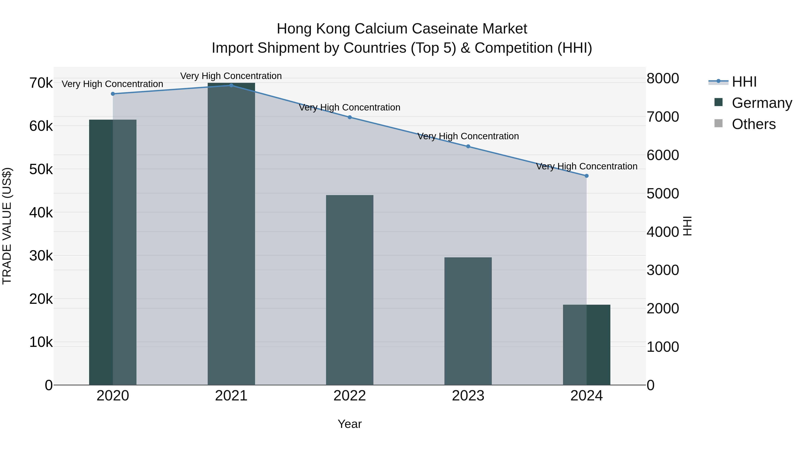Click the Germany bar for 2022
tap(350, 290)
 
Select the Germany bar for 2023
tap(468, 321)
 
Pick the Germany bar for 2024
tap(586, 345)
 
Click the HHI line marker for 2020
tap(113, 94)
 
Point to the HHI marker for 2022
tap(350, 117)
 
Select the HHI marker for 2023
tap(468, 146)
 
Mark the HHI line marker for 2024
tap(586, 176)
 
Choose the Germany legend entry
tap(762, 103)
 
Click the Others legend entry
tap(754, 124)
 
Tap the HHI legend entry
tap(744, 82)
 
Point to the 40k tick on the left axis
tap(41, 213)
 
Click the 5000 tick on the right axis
tap(663, 194)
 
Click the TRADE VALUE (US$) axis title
tap(7, 226)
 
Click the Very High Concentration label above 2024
tap(586, 166)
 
